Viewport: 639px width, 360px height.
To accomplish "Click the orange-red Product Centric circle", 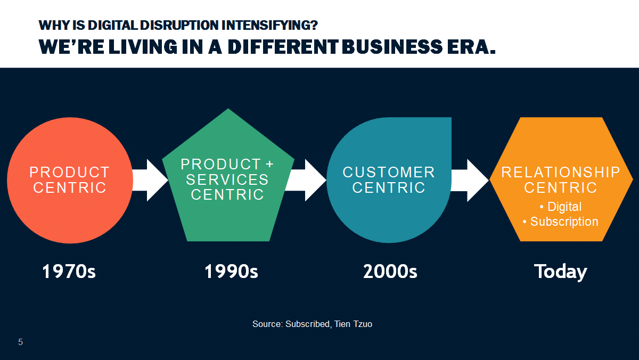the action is click(70, 181).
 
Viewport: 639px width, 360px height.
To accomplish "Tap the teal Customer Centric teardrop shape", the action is click(389, 180).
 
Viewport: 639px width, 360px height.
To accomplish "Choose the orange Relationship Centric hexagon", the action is click(561, 179).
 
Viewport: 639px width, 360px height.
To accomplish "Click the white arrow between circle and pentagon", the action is click(150, 181).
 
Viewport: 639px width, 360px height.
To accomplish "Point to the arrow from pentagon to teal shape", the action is click(306, 181).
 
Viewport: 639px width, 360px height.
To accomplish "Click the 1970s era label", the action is click(69, 271).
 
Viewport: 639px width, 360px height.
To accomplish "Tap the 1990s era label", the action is click(231, 271).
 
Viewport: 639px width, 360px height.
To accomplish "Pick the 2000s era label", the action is click(390, 271).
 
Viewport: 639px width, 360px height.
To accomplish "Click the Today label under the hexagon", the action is click(561, 272).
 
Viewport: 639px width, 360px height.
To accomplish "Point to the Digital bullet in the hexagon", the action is click(561, 207).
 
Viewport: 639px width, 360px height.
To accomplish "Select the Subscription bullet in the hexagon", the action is click(561, 222).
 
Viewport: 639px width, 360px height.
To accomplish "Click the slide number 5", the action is click(21, 342).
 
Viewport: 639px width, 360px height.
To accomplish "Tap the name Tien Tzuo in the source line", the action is click(353, 324).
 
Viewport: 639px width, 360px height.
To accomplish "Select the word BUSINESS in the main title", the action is click(392, 47).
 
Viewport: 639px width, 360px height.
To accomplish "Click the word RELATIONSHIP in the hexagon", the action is click(561, 173).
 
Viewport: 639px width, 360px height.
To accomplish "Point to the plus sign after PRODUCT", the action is click(269, 164).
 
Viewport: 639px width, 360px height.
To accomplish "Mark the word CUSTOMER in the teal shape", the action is click(389, 173).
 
